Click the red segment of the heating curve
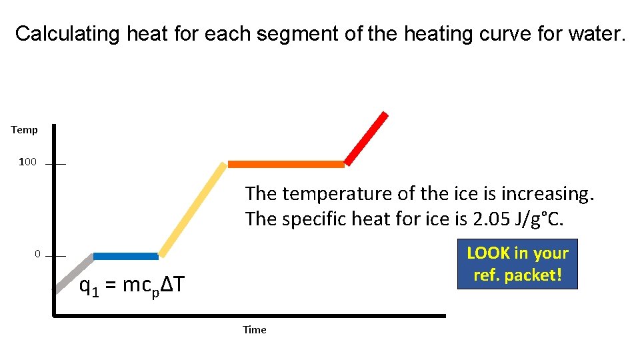[366, 138]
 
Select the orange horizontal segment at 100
[286, 164]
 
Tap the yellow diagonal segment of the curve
[193, 209]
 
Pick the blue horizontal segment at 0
[125, 256]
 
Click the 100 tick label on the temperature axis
[27, 162]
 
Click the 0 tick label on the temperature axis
[38, 254]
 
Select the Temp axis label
[25, 130]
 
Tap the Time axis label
[254, 329]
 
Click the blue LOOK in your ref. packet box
[517, 264]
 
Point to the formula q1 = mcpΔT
[131, 286]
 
